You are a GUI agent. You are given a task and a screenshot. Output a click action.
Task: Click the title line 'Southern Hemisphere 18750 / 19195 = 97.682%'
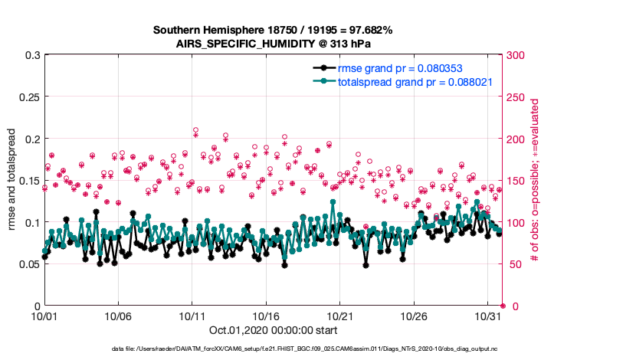coord(273,31)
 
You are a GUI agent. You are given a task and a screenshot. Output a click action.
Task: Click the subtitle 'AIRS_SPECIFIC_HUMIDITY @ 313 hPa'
coord(273,44)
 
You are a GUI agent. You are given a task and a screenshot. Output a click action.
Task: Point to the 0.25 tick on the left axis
coord(28,97)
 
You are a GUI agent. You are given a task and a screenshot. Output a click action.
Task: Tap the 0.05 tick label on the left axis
coord(28,264)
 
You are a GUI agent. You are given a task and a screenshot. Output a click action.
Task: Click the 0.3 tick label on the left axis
coord(32,56)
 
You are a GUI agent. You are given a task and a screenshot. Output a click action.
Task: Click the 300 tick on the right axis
coord(516,56)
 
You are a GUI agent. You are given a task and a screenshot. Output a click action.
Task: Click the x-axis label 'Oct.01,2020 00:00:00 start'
coord(273,331)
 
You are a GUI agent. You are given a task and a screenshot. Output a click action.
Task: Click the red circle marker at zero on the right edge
coord(503,306)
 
